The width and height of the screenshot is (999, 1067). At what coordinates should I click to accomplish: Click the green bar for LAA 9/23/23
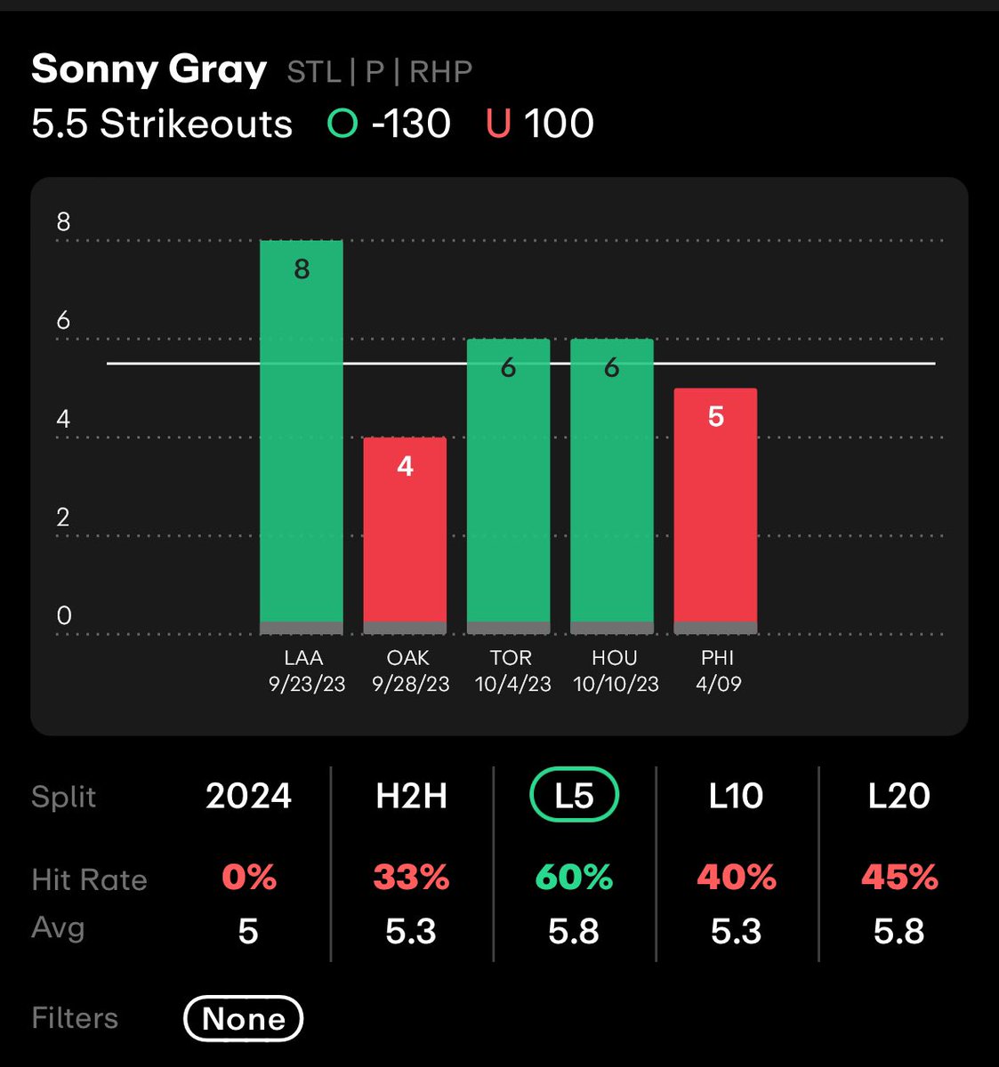pos(301,436)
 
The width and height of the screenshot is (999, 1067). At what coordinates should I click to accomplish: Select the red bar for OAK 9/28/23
pos(405,533)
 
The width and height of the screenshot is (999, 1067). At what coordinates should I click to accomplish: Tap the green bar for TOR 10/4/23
pos(508,485)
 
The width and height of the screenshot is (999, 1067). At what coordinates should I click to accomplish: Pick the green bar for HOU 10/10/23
pos(612,485)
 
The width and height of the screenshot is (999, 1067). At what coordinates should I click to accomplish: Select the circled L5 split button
pos(574,795)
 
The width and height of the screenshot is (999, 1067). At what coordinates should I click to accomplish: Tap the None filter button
pos(244,1018)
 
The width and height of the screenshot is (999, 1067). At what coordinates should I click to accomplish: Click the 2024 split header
pos(248,796)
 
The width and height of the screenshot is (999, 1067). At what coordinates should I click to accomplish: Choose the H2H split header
pos(411,796)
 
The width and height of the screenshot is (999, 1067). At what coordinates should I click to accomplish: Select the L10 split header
pos(737,796)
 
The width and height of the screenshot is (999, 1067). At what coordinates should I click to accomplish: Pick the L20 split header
pos(899,796)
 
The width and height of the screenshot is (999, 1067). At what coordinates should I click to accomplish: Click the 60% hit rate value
pos(574,878)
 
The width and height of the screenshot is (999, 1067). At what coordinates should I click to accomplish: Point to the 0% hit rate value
pos(248,878)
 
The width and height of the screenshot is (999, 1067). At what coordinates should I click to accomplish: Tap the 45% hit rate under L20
pos(899,878)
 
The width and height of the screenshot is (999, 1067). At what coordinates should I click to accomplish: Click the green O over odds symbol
pos(342,124)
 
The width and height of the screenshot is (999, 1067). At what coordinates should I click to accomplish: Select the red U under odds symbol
pos(498,124)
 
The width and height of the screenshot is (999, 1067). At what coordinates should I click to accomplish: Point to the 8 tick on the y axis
pos(63,222)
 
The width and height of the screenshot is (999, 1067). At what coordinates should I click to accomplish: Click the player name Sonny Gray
pos(149,69)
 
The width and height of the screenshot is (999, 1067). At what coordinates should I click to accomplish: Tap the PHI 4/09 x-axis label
pos(717,670)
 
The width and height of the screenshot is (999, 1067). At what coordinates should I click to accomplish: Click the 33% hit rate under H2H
pos(411,878)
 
